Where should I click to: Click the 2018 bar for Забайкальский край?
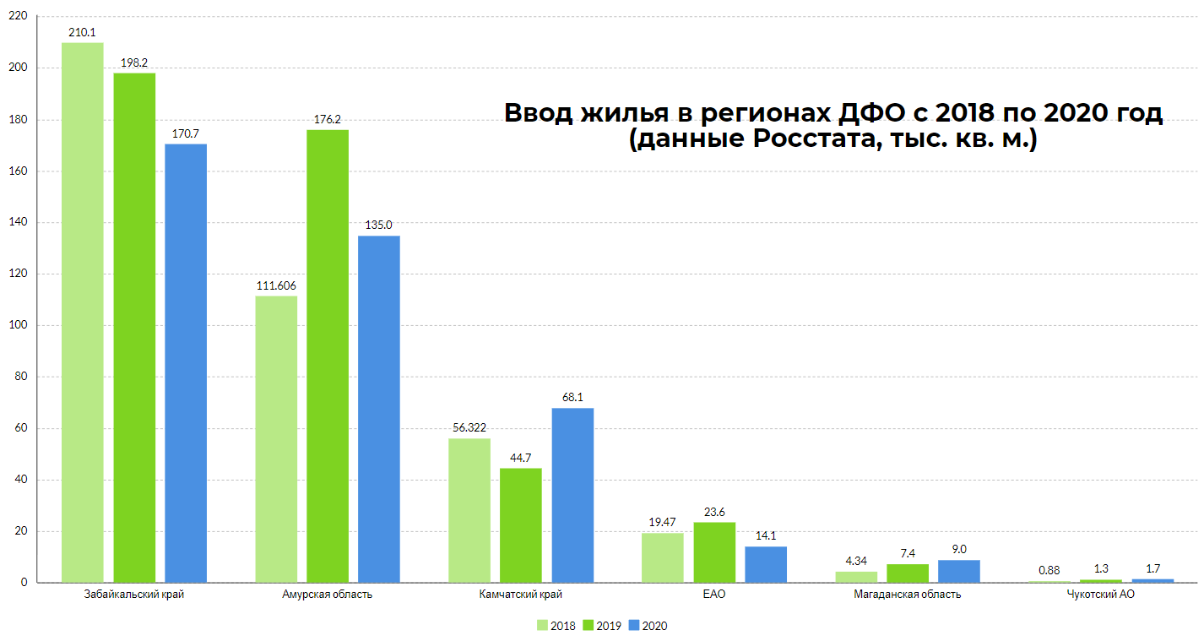(x=83, y=312)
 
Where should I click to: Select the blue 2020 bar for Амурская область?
(x=379, y=409)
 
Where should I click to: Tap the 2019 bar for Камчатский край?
(x=521, y=525)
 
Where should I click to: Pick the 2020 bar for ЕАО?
(x=766, y=564)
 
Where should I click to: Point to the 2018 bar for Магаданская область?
(x=856, y=577)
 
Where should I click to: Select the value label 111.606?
(x=276, y=285)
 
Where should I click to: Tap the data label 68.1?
(x=572, y=398)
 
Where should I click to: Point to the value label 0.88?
(x=1049, y=570)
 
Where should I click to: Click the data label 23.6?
(x=714, y=512)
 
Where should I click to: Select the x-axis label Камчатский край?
(x=520, y=595)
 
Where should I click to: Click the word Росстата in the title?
(x=813, y=140)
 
